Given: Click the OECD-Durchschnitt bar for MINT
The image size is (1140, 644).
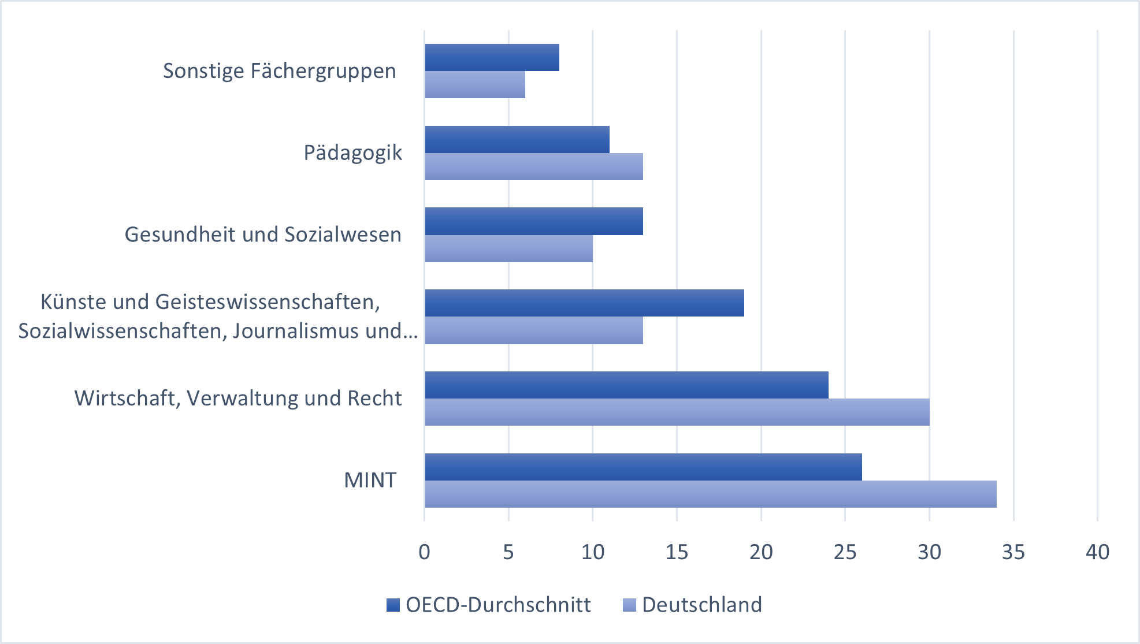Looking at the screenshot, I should (x=643, y=467).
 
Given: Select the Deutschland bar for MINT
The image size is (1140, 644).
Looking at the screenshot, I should (x=711, y=494).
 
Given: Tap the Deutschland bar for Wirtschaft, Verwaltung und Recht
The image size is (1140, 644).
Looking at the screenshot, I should (x=677, y=412).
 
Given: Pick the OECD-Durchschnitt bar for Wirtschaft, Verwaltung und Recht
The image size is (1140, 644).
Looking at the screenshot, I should (x=626, y=385).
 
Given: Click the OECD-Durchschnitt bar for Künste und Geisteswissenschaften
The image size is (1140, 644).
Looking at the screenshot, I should (x=584, y=303).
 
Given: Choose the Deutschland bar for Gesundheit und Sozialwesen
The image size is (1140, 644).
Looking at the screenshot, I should (x=509, y=248).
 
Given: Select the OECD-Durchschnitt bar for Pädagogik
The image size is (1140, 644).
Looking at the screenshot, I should (x=517, y=139).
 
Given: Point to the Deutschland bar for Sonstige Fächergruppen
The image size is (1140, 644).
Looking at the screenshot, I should (x=475, y=84).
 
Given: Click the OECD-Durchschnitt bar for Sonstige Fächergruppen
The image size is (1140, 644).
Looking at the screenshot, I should (x=492, y=57).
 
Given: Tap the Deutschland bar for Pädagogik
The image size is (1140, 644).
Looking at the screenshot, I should (x=534, y=166).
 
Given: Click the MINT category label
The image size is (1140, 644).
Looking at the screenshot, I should (x=370, y=480).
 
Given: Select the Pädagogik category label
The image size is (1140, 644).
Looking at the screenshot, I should (x=352, y=153).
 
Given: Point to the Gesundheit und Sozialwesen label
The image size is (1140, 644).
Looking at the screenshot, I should (x=263, y=234).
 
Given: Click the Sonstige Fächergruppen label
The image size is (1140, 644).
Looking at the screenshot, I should (x=280, y=71).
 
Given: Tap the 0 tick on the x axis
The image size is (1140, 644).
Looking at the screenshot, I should (x=425, y=552).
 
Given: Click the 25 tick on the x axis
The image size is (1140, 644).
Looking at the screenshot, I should (x=845, y=552).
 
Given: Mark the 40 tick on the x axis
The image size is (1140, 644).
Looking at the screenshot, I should (x=1097, y=552).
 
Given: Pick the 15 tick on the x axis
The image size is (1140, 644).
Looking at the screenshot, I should (x=677, y=552).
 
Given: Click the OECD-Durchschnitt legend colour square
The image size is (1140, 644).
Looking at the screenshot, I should (x=393, y=605).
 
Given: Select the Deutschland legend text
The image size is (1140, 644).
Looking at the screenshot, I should (x=702, y=605).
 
